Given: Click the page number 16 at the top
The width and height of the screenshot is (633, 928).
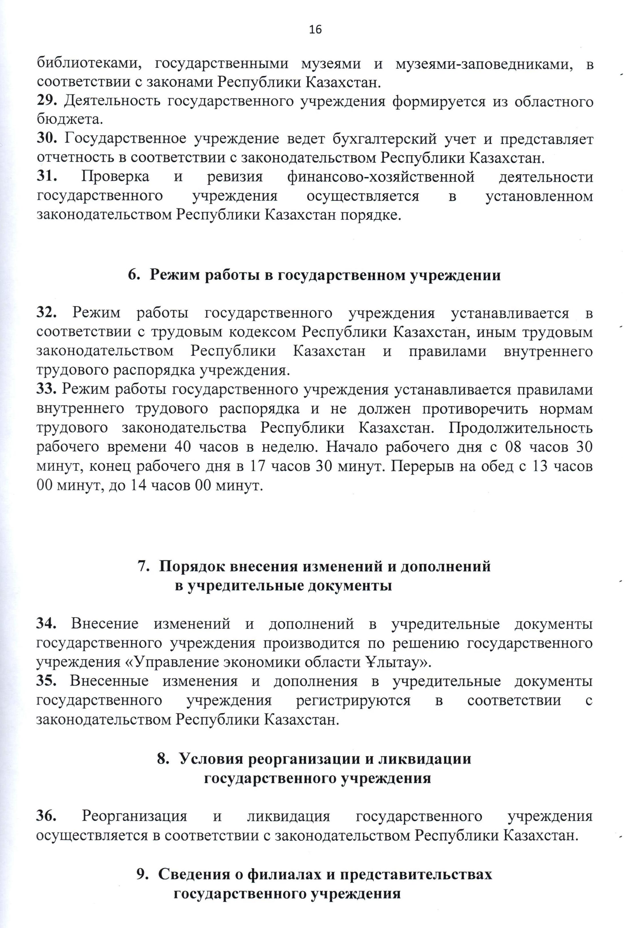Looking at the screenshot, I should (315, 30).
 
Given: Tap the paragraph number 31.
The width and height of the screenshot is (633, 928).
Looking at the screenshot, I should (47, 176).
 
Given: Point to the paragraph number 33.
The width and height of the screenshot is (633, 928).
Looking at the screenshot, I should (46, 389).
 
